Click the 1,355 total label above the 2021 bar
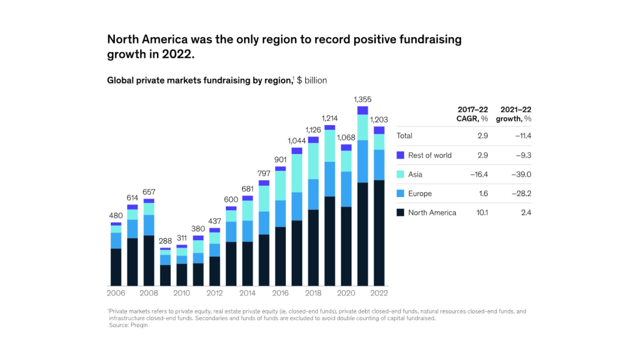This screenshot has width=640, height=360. [x=362, y=99]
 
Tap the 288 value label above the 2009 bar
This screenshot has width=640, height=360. [x=165, y=241]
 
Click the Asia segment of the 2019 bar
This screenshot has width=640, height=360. [x=330, y=146]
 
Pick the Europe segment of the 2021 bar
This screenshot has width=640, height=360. [x=362, y=161]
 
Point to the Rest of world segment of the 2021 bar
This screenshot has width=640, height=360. [x=362, y=110]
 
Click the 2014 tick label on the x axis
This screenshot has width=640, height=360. [x=247, y=293]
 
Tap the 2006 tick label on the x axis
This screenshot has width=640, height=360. [x=116, y=293]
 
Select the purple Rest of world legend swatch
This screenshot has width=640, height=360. [x=400, y=155]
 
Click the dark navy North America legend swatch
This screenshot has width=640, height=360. [x=400, y=213]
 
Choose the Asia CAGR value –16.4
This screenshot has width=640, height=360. [x=479, y=174]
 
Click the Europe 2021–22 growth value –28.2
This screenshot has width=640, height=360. [x=521, y=193]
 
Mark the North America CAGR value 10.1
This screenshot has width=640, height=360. [x=482, y=213]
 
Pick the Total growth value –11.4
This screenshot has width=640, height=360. [x=523, y=136]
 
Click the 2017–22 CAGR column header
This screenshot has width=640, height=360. [x=472, y=114]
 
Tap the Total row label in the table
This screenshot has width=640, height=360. [x=404, y=136]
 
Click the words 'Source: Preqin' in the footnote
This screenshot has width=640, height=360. [x=128, y=325]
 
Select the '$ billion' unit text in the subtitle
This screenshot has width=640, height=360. [x=312, y=80]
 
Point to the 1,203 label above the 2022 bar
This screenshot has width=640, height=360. [x=379, y=120]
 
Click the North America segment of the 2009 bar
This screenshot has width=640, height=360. [x=165, y=275]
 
